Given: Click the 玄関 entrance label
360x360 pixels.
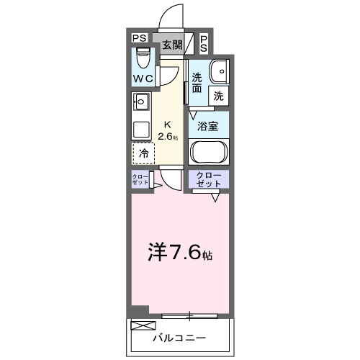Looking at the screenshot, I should point(171,45).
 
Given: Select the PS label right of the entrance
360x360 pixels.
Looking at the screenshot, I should point(204,43).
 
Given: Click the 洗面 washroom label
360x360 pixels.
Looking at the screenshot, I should point(197,82).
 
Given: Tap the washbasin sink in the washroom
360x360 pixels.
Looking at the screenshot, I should point(218,71).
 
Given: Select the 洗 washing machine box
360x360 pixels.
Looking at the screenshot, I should point(218,94).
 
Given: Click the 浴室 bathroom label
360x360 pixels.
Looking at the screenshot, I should point(209,126).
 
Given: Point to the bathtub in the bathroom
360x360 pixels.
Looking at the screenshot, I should point(209,153).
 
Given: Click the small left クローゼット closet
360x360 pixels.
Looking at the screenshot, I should point(140,180).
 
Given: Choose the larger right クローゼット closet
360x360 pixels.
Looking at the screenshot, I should point(209,179).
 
